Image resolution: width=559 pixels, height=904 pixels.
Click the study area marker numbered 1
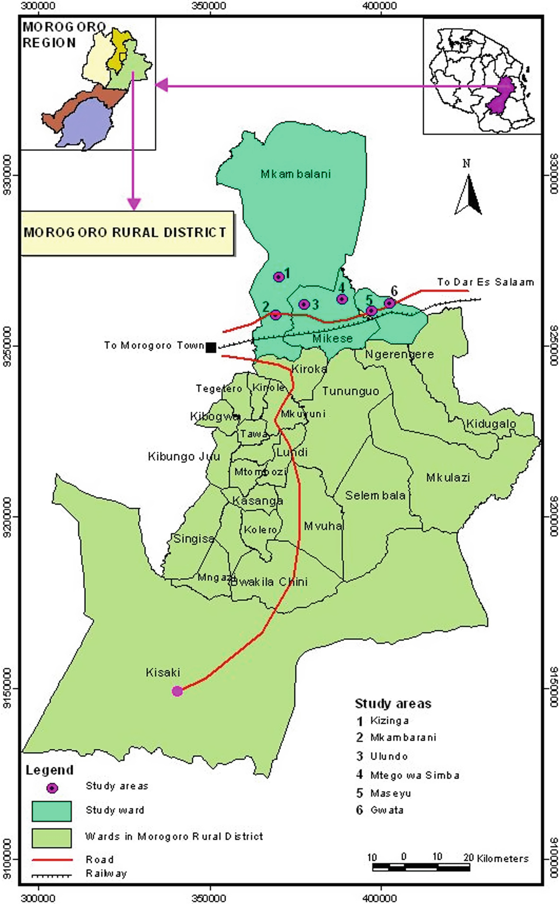click(x=279, y=277)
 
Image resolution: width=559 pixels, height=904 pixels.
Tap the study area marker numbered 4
click(x=342, y=299)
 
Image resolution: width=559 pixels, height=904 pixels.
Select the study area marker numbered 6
click(x=390, y=303)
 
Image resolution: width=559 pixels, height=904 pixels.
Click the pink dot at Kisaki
click(x=177, y=691)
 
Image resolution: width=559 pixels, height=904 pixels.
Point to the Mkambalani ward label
click(x=296, y=174)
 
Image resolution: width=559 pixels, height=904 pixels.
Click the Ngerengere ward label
click(x=399, y=354)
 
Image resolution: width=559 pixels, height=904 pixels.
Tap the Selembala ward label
click(x=375, y=495)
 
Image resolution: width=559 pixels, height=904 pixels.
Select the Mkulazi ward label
click(x=448, y=477)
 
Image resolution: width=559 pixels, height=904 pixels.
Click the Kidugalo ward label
click(x=491, y=423)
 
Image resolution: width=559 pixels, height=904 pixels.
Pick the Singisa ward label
click(x=194, y=538)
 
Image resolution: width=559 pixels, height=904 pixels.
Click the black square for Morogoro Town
click(x=211, y=348)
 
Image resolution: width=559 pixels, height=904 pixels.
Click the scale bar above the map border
click(x=421, y=867)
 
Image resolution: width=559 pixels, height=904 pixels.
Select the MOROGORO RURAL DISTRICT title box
click(x=127, y=233)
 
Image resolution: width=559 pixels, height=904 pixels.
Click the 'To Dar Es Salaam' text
click(x=485, y=282)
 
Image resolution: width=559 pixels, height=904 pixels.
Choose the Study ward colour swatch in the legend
click(x=52, y=811)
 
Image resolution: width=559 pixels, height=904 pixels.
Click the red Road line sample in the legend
click(x=52, y=859)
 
